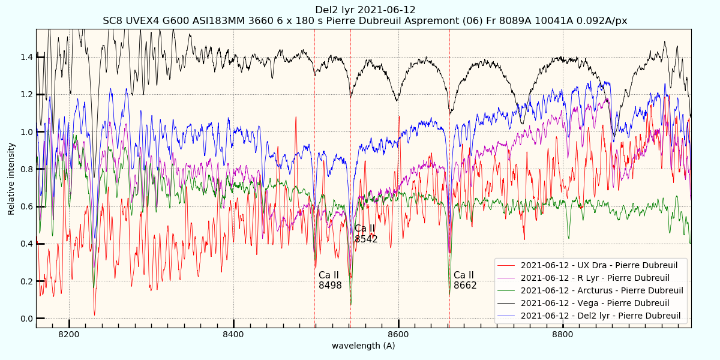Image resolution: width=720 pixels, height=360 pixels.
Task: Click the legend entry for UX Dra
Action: (599, 265)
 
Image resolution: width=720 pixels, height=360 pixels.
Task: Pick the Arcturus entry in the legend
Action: (602, 290)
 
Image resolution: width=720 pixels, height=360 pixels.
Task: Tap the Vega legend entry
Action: (595, 303)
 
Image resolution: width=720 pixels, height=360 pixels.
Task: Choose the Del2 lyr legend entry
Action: (600, 316)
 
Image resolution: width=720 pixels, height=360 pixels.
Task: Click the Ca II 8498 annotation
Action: (330, 280)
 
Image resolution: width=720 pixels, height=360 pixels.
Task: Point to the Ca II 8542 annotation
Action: (366, 234)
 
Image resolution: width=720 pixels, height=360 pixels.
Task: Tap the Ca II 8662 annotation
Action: (465, 280)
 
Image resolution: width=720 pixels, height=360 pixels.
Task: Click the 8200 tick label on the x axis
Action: (69, 334)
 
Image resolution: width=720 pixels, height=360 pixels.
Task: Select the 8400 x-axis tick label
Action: (233, 334)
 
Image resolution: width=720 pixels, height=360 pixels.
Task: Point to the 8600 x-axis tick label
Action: (398, 334)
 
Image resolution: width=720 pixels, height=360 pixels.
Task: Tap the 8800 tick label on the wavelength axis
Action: (563, 334)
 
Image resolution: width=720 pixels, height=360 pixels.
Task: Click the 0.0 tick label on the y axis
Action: (26, 319)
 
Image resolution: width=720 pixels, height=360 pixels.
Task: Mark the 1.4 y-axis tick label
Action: (26, 57)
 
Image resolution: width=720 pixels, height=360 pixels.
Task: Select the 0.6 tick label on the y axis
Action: (26, 206)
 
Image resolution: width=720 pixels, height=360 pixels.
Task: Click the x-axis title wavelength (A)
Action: (364, 346)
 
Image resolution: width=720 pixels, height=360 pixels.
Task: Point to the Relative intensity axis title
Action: (11, 178)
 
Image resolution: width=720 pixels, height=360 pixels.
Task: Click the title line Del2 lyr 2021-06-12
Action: (365, 10)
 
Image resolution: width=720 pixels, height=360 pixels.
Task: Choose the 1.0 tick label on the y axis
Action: (26, 131)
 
